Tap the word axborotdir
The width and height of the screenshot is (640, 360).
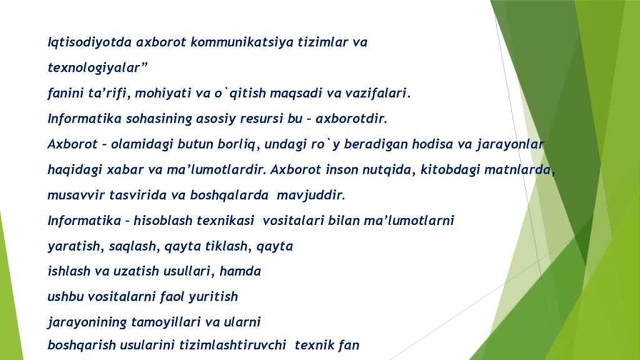pyautogui.click(x=352, y=119)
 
